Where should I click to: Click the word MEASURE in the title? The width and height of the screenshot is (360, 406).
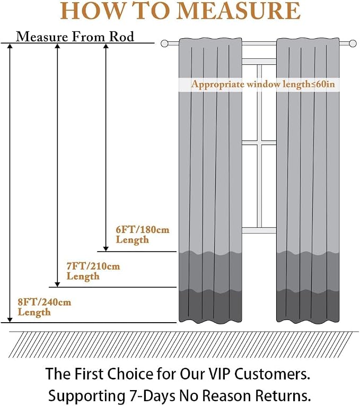239,11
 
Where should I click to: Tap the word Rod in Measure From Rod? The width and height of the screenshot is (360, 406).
121,37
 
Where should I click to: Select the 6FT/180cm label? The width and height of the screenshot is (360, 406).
143,230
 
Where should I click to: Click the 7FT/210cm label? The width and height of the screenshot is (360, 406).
93,266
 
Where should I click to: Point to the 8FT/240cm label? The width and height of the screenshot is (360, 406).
44,302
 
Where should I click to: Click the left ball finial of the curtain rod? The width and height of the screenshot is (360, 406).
165,44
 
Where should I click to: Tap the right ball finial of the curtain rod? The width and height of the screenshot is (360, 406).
352,44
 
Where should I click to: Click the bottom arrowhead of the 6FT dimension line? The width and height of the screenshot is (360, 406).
106,249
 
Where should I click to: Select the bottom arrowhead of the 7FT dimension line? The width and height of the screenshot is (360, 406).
57,284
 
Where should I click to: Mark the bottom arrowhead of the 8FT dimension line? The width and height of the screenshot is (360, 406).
10,320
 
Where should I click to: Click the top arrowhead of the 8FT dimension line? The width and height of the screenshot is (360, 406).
10,46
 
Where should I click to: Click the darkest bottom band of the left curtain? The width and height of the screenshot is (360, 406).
210,306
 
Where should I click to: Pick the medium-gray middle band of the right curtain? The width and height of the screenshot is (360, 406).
308,271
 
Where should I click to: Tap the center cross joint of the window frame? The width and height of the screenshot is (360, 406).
259,143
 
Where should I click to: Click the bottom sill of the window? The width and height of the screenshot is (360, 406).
259,230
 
